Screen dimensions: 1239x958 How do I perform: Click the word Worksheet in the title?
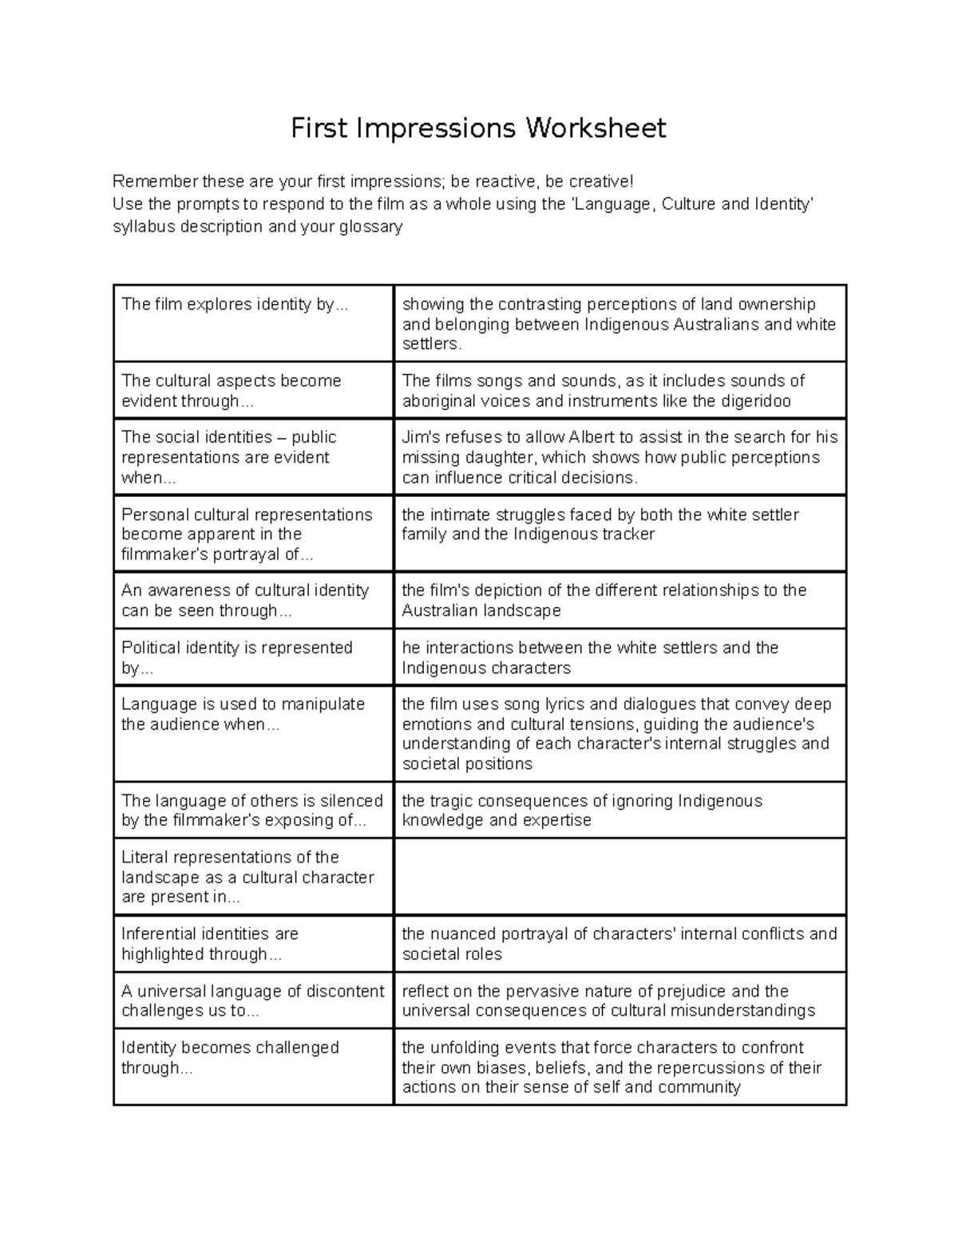coord(595,128)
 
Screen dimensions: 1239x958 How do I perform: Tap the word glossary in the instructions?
coord(370,227)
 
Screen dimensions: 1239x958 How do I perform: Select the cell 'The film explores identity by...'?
coord(253,322)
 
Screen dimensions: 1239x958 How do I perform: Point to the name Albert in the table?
coord(593,437)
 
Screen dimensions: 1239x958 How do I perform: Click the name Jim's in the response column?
coord(421,437)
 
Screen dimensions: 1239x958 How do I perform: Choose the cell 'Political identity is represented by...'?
coord(253,657)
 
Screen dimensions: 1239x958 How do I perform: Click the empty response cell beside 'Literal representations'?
coord(620,876)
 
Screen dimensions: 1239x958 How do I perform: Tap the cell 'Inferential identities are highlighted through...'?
coord(253,943)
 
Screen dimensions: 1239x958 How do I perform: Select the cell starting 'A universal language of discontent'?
coord(253,1000)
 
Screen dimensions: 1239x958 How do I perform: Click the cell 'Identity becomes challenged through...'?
coord(253,1066)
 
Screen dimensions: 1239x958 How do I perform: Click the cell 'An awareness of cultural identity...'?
coord(253,600)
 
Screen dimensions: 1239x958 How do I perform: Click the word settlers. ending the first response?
coord(432,345)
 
